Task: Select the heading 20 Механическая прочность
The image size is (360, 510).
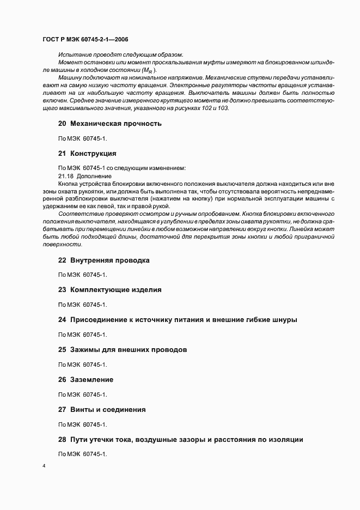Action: tap(109, 124)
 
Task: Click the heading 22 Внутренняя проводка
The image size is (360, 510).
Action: tap(103, 260)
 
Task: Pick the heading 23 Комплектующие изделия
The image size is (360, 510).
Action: tap(109, 290)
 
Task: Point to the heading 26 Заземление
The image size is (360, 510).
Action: tap(86, 379)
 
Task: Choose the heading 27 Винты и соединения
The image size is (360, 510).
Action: tap(101, 409)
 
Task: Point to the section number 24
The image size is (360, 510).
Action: tap(62, 320)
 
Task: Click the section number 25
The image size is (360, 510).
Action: tap(62, 350)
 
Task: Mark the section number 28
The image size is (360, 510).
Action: tap(62, 439)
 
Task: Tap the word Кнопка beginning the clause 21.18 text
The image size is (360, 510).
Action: tap(69, 184)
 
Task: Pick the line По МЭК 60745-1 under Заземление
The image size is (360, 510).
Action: tap(82, 394)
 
